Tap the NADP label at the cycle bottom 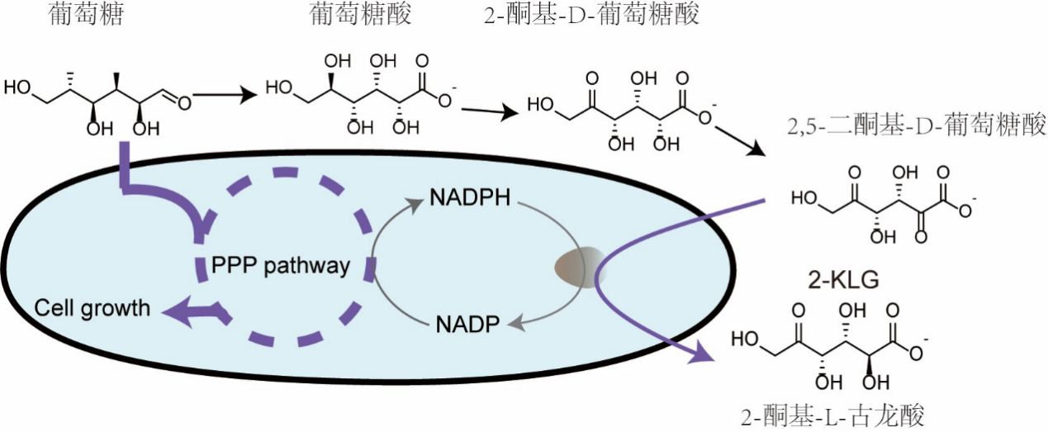[467, 323]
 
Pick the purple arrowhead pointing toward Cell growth [172, 311]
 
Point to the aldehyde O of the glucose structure [183, 102]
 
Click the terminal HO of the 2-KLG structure [746, 339]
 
